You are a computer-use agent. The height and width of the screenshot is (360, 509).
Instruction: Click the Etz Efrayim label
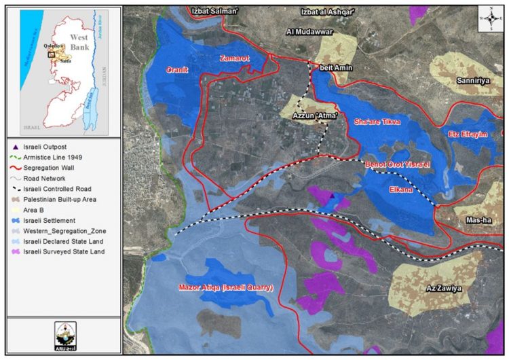click(x=468, y=134)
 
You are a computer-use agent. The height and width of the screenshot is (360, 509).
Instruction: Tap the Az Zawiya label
click(x=444, y=288)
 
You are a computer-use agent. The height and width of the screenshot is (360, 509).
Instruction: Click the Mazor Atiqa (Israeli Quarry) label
click(x=226, y=288)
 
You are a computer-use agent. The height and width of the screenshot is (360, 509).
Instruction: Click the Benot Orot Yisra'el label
click(x=398, y=166)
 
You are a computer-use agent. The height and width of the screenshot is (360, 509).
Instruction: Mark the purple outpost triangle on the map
click(x=331, y=196)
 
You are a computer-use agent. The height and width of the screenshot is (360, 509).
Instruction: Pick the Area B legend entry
click(x=33, y=210)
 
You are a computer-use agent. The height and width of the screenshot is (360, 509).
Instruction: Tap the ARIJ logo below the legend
click(x=64, y=336)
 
